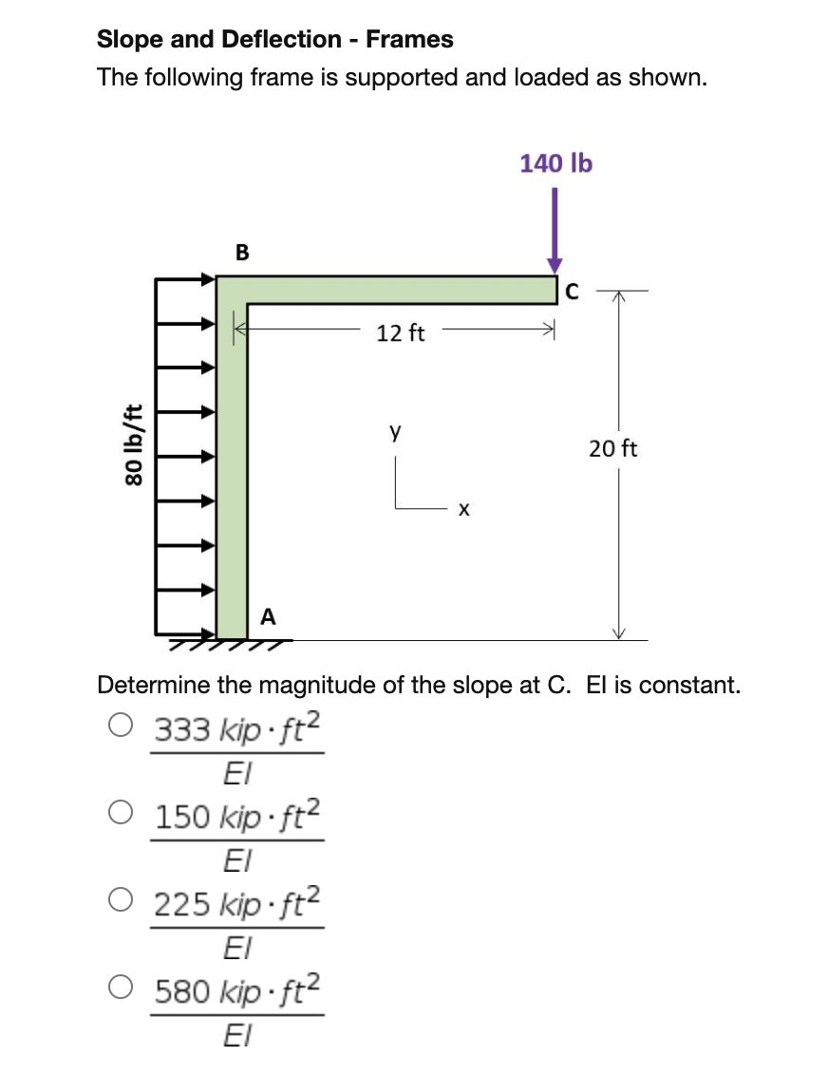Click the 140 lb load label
pos(555,163)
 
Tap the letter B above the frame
pos(242,253)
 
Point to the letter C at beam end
pos(571,292)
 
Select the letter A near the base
pos(268,617)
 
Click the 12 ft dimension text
pos(401,333)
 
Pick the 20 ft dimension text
pos(612,448)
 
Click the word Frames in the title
pos(409,40)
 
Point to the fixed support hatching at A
pos(228,646)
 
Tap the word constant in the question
pos(698,685)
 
